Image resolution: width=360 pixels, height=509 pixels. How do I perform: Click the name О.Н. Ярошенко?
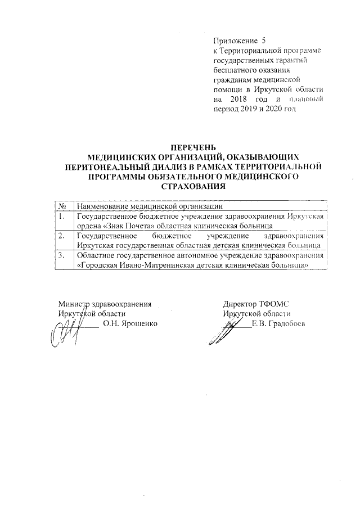tap(130, 323)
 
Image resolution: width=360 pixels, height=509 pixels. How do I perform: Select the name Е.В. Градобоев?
tap(278, 323)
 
